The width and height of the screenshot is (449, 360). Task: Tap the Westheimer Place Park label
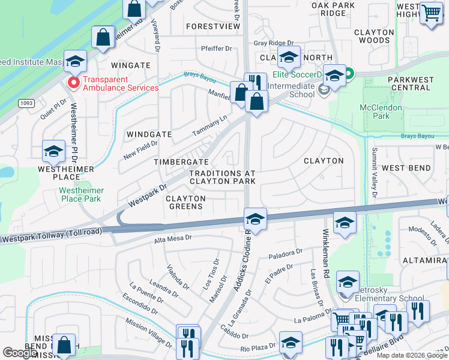click(81, 194)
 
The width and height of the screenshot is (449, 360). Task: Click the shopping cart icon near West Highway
click(431, 13)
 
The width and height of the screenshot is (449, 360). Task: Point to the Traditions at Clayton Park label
click(223, 177)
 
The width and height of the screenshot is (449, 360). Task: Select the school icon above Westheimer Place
click(53, 152)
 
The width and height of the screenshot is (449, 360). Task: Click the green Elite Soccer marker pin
click(348, 75)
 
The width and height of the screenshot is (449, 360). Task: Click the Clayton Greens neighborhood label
click(185, 202)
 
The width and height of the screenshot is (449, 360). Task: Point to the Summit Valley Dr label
click(375, 173)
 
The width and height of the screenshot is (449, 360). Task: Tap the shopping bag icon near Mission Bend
click(64, 344)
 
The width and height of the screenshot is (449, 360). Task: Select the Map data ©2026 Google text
click(411, 355)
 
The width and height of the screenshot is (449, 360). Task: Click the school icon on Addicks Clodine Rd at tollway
click(255, 219)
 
